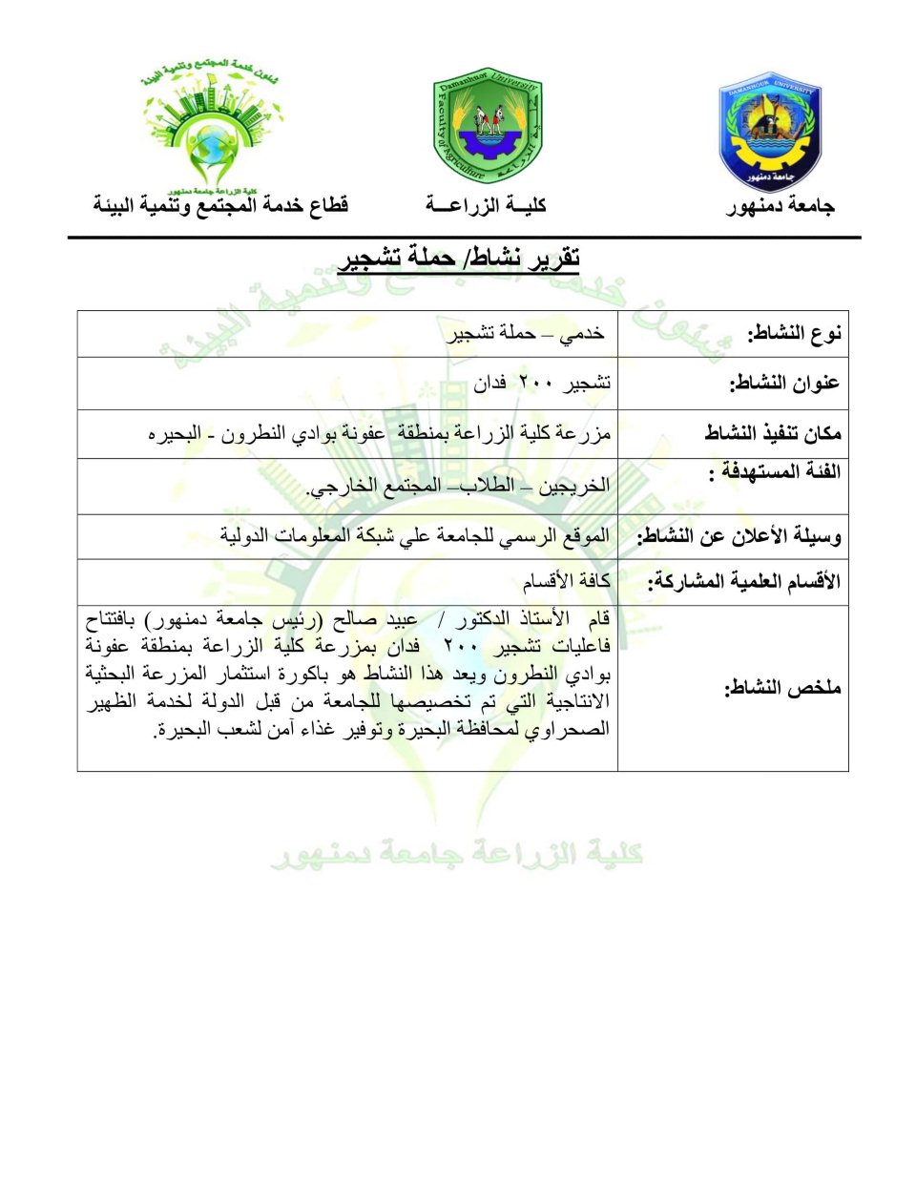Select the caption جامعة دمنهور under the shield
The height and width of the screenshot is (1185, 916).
[x=781, y=206]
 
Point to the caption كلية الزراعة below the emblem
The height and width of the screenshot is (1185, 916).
[x=486, y=205]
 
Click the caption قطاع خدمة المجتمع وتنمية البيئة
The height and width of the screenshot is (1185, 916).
[x=220, y=205]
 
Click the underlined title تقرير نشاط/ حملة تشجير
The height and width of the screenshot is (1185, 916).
[x=459, y=258]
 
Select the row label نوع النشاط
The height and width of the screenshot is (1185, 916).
[x=794, y=333]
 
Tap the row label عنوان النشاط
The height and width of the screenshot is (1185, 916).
[x=784, y=384]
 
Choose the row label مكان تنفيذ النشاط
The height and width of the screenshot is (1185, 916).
[x=773, y=433]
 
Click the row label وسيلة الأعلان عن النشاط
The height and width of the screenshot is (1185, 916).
[x=739, y=536]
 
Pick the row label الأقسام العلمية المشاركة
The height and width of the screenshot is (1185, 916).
[x=744, y=581]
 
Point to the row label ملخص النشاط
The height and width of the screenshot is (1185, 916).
[x=782, y=687]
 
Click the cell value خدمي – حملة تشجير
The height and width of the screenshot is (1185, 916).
[x=527, y=333]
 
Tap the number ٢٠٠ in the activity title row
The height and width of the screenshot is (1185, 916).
[x=535, y=384]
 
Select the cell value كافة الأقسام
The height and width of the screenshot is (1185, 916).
[x=566, y=581]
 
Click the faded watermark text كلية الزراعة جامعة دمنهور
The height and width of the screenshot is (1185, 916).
[x=457, y=853]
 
